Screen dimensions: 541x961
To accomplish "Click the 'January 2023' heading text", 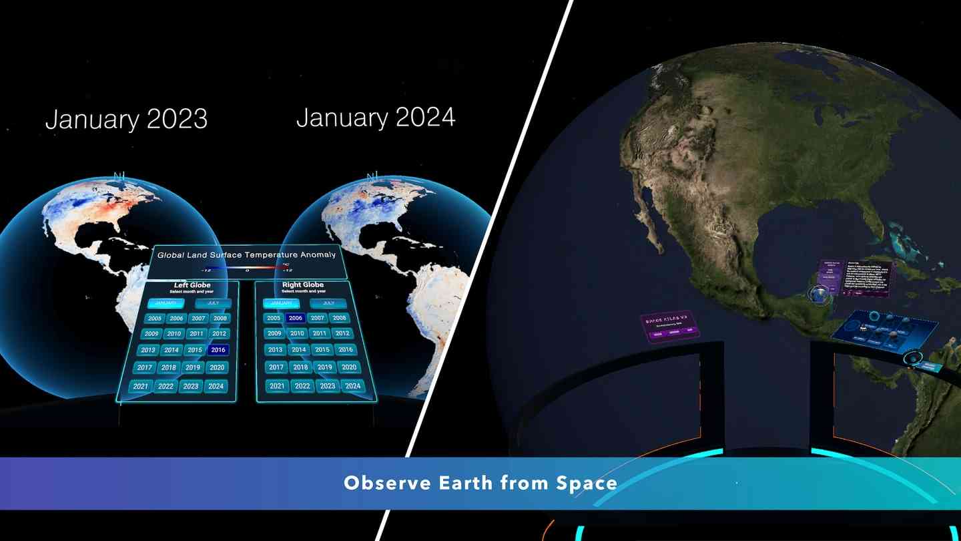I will pyautogui.click(x=126, y=120).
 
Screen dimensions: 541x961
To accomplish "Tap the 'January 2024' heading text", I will pyautogui.click(x=376, y=118).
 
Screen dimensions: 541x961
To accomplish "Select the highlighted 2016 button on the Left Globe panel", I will pyautogui.click(x=218, y=350).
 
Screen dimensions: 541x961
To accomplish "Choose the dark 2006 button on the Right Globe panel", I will pyautogui.click(x=296, y=319).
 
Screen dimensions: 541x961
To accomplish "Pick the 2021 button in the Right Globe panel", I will pyautogui.click(x=277, y=386).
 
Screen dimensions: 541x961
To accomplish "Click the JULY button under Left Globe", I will pyautogui.click(x=213, y=303).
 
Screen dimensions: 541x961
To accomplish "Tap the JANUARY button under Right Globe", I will pyautogui.click(x=281, y=303).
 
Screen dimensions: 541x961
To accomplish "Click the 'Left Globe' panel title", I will pyautogui.click(x=192, y=286).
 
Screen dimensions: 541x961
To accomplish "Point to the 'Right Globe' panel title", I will pyautogui.click(x=303, y=285).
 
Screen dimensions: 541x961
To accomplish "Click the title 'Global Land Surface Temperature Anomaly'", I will pyautogui.click(x=246, y=254).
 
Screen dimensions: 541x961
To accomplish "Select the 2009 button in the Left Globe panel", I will pyautogui.click(x=151, y=334).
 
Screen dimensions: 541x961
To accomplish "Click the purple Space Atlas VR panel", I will pyautogui.click(x=671, y=327).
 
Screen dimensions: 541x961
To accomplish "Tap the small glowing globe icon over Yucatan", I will pyautogui.click(x=818, y=294).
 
